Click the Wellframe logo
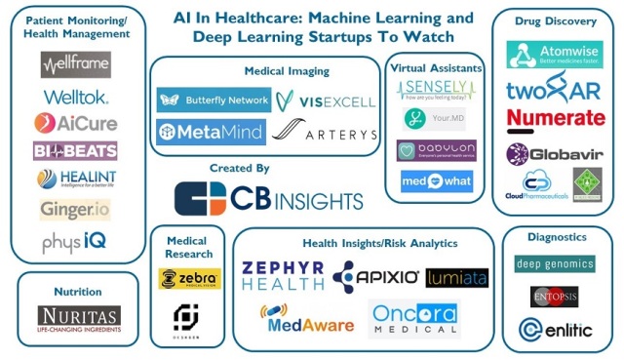click(76, 65)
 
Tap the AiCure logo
click(76, 123)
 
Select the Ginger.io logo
click(76, 209)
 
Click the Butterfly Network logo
click(214, 100)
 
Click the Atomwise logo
click(554, 56)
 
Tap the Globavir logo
click(554, 154)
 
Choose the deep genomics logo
click(555, 263)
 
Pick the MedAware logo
click(306, 319)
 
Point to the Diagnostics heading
click(555, 237)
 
